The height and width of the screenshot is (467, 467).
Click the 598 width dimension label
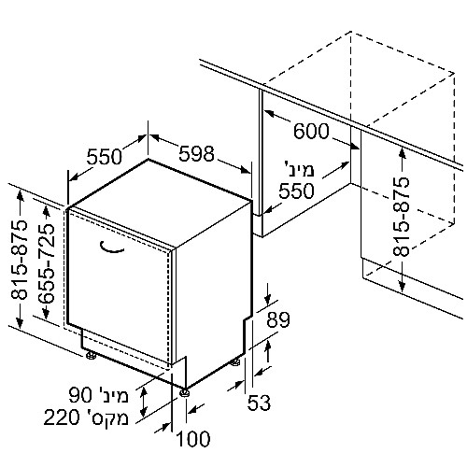pos(197,153)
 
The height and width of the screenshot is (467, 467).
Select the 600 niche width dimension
pos(311,131)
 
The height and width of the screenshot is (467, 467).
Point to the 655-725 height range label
pos(47,263)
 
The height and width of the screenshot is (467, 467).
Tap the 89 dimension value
pos(278,319)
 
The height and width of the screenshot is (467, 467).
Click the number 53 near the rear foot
pos(259,403)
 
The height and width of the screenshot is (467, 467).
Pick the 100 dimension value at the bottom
pos(193,439)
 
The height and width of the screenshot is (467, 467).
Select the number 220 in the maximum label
pos(62,417)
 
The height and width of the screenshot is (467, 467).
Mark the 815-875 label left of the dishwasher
pos(20,261)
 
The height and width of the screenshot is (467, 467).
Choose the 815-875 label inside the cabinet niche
pos(401,217)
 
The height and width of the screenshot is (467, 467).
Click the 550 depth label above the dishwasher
pos(104,156)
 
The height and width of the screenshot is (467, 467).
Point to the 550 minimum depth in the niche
pos(296,191)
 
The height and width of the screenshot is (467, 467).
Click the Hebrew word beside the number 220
pos(106,417)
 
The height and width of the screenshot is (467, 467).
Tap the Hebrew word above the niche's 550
pos(300,169)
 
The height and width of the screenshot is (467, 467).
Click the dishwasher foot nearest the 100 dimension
pos(184,392)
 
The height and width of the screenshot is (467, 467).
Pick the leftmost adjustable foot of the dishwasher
pos(91,355)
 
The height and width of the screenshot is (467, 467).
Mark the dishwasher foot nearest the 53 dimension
pos(235,362)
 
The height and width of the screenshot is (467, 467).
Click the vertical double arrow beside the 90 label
pos(143,402)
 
